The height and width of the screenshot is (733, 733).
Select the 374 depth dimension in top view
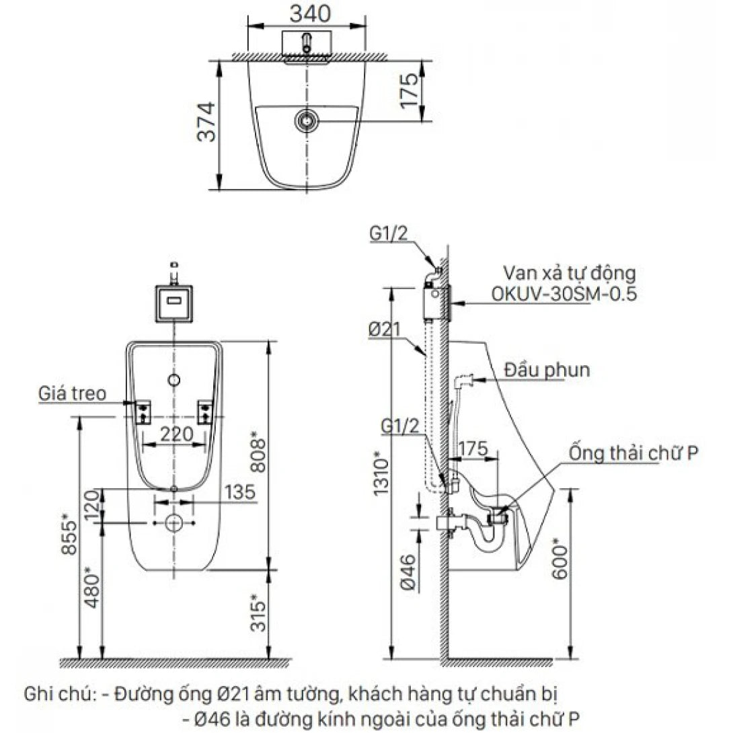coord(208,122)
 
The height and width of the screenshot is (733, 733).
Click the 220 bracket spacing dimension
coord(174,435)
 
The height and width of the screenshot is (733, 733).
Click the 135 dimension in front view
coord(239,492)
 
